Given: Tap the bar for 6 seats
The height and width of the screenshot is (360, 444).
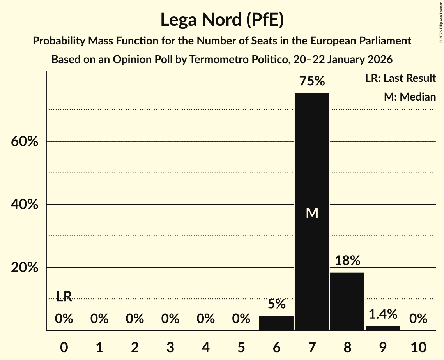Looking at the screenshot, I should click(276, 323).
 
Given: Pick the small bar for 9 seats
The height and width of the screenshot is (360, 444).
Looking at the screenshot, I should click(382, 328).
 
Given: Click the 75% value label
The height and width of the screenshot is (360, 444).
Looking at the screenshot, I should click(312, 81).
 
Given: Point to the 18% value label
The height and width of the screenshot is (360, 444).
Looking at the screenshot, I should click(347, 260).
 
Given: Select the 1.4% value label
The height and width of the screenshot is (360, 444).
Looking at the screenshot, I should click(382, 314).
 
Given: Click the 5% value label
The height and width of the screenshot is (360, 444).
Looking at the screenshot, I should click(276, 304).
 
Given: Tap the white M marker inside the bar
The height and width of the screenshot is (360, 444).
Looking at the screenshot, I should click(312, 213).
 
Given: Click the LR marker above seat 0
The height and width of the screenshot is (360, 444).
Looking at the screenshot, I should click(64, 296).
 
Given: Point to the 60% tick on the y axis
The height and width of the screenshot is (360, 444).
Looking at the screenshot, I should click(25, 141).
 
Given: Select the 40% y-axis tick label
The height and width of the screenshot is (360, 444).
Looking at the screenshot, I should click(25, 205).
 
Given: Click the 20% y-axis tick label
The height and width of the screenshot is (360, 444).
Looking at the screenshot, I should click(25, 268).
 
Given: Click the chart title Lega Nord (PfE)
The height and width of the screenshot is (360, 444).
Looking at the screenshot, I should click(222, 20).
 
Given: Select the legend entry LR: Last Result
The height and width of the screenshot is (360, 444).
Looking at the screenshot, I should click(400, 78).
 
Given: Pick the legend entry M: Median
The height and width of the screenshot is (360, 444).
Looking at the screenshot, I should click(410, 97).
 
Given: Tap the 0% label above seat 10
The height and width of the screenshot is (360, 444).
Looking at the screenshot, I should click(418, 319).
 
